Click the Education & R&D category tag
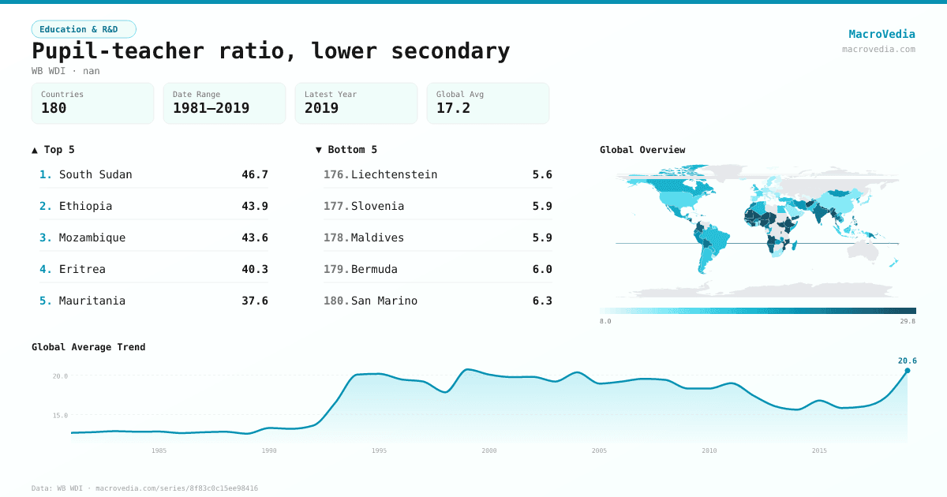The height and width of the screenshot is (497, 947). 84,29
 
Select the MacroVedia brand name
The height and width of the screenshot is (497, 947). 881,34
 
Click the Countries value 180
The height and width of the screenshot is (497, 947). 54,108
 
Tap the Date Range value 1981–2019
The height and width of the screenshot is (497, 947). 211,108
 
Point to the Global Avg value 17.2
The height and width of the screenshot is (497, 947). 453,108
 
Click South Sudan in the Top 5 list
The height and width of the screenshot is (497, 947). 95,174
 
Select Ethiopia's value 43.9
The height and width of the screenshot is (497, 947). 254,206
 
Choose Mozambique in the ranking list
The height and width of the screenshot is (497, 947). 92,237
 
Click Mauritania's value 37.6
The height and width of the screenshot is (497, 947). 254,301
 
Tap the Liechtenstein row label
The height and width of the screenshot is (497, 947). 394,174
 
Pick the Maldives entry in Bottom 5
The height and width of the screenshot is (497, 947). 377,237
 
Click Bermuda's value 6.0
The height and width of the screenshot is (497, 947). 542,269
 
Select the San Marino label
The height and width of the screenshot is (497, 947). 384,301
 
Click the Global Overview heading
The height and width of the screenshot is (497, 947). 642,150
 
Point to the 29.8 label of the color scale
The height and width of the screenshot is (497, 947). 908,322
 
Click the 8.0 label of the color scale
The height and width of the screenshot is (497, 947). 605,322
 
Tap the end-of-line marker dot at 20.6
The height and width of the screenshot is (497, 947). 908,370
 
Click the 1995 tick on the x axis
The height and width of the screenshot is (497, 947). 380,450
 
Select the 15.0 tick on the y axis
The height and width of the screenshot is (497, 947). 60,415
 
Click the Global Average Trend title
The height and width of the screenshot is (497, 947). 88,347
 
